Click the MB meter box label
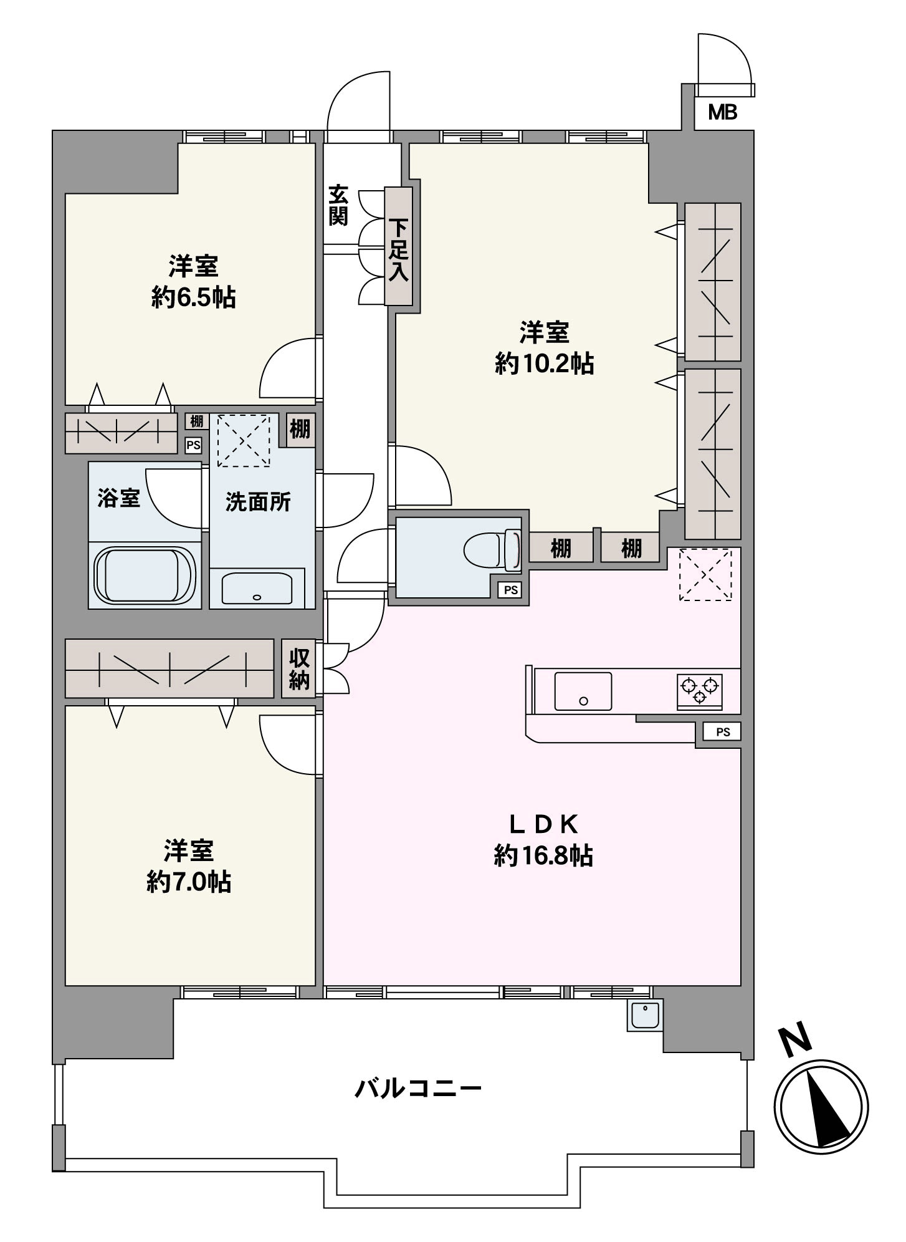click(x=723, y=113)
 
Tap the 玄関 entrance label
click(x=338, y=206)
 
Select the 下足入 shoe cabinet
click(x=399, y=247)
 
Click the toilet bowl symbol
click(x=492, y=549)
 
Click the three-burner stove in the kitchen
click(x=700, y=691)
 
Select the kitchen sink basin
click(x=583, y=691)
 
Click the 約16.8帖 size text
click(x=543, y=855)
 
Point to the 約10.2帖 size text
click(x=545, y=363)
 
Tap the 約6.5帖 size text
click(x=193, y=298)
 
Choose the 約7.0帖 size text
click(x=189, y=882)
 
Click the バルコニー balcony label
click(x=418, y=1089)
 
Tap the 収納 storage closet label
click(x=299, y=668)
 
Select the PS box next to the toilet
click(x=511, y=590)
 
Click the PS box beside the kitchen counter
click(x=723, y=732)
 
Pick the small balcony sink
click(x=645, y=1016)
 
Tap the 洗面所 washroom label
click(x=258, y=502)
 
